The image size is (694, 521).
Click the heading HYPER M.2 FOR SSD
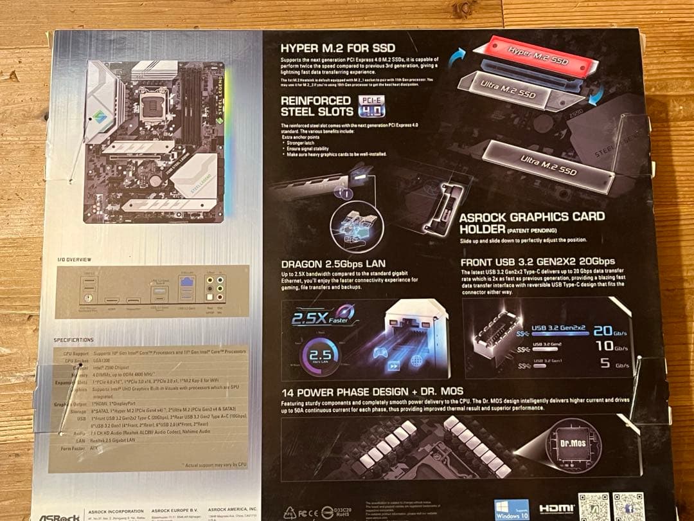[x=338, y=48]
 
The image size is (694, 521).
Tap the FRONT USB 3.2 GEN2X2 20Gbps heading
[x=538, y=262]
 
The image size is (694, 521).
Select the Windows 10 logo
[x=512, y=509]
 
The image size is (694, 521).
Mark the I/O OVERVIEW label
[x=75, y=259]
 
